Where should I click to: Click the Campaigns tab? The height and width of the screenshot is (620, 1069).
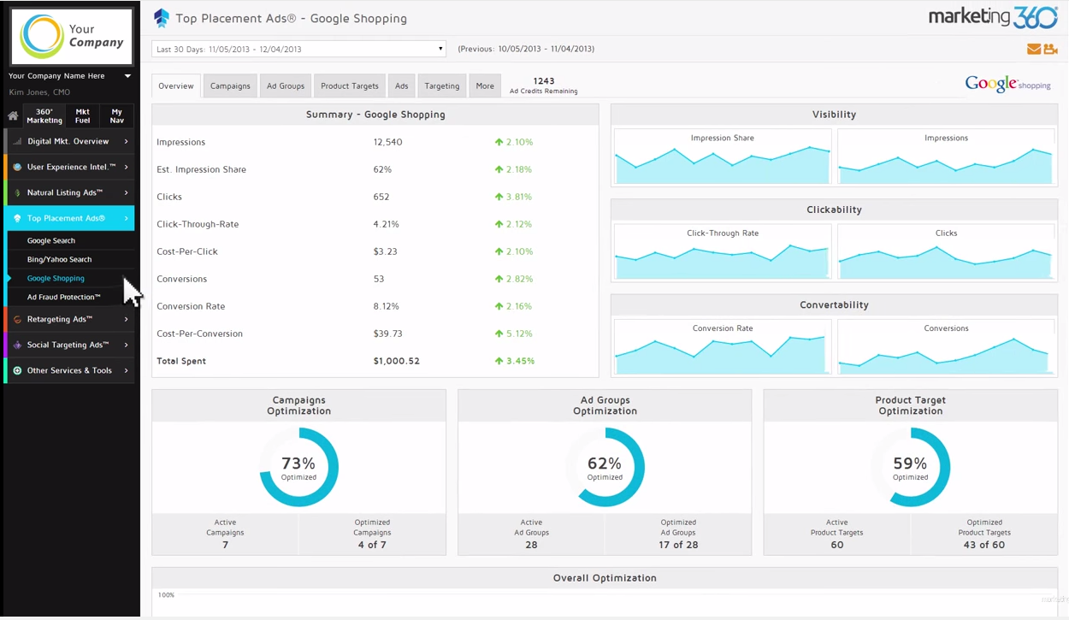pos(230,86)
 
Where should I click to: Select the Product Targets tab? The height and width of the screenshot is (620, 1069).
pos(349,86)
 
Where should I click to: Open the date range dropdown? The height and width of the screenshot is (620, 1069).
pos(298,49)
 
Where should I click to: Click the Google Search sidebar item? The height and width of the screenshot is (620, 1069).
pos(51,241)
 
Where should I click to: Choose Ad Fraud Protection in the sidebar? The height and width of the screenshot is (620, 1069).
pos(63,297)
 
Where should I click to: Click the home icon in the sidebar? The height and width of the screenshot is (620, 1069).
pos(13,115)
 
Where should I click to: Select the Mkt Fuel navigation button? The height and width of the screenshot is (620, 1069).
pos(83,115)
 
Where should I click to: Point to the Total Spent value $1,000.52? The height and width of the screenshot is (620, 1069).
pos(396,361)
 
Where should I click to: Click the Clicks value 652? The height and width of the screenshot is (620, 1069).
pos(381,197)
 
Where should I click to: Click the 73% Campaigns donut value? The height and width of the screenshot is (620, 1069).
pos(298,464)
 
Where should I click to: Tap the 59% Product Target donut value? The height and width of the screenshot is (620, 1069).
pos(910,464)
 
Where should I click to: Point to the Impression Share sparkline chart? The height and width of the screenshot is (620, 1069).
pos(723,162)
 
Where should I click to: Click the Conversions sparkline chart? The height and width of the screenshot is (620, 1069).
pos(945,353)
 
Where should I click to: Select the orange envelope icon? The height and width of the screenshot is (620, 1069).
pos(1034,49)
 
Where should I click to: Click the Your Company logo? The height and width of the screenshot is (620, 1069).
pos(72,37)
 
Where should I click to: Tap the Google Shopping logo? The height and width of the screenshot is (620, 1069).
pos(1007,84)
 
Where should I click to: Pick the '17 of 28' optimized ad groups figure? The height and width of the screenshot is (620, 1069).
pos(678,545)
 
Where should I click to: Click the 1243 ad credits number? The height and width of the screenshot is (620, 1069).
pos(543,81)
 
